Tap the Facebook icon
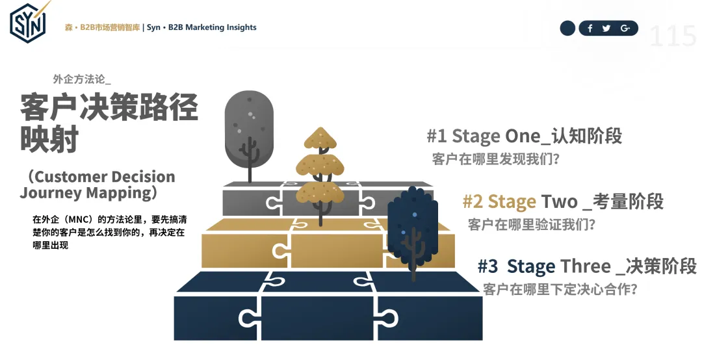pyautogui.click(x=590, y=28)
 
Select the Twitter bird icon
pyautogui.click(x=606, y=28)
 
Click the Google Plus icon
pyautogui.click(x=625, y=28)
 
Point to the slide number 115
pyautogui.click(x=673, y=36)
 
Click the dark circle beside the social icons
pyautogui.click(x=567, y=28)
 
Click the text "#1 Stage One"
pyautogui.click(x=483, y=136)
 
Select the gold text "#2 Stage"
pyautogui.click(x=499, y=201)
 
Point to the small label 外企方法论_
pyautogui.click(x=82, y=79)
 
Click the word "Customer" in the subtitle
pyautogui.click(x=71, y=177)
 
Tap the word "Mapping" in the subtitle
pyautogui.click(x=121, y=192)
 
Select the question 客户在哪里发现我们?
pyautogui.click(x=495, y=159)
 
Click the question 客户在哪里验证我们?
pyautogui.click(x=532, y=225)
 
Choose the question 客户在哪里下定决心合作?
pyautogui.click(x=560, y=289)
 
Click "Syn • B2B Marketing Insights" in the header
pyautogui.click(x=201, y=27)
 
